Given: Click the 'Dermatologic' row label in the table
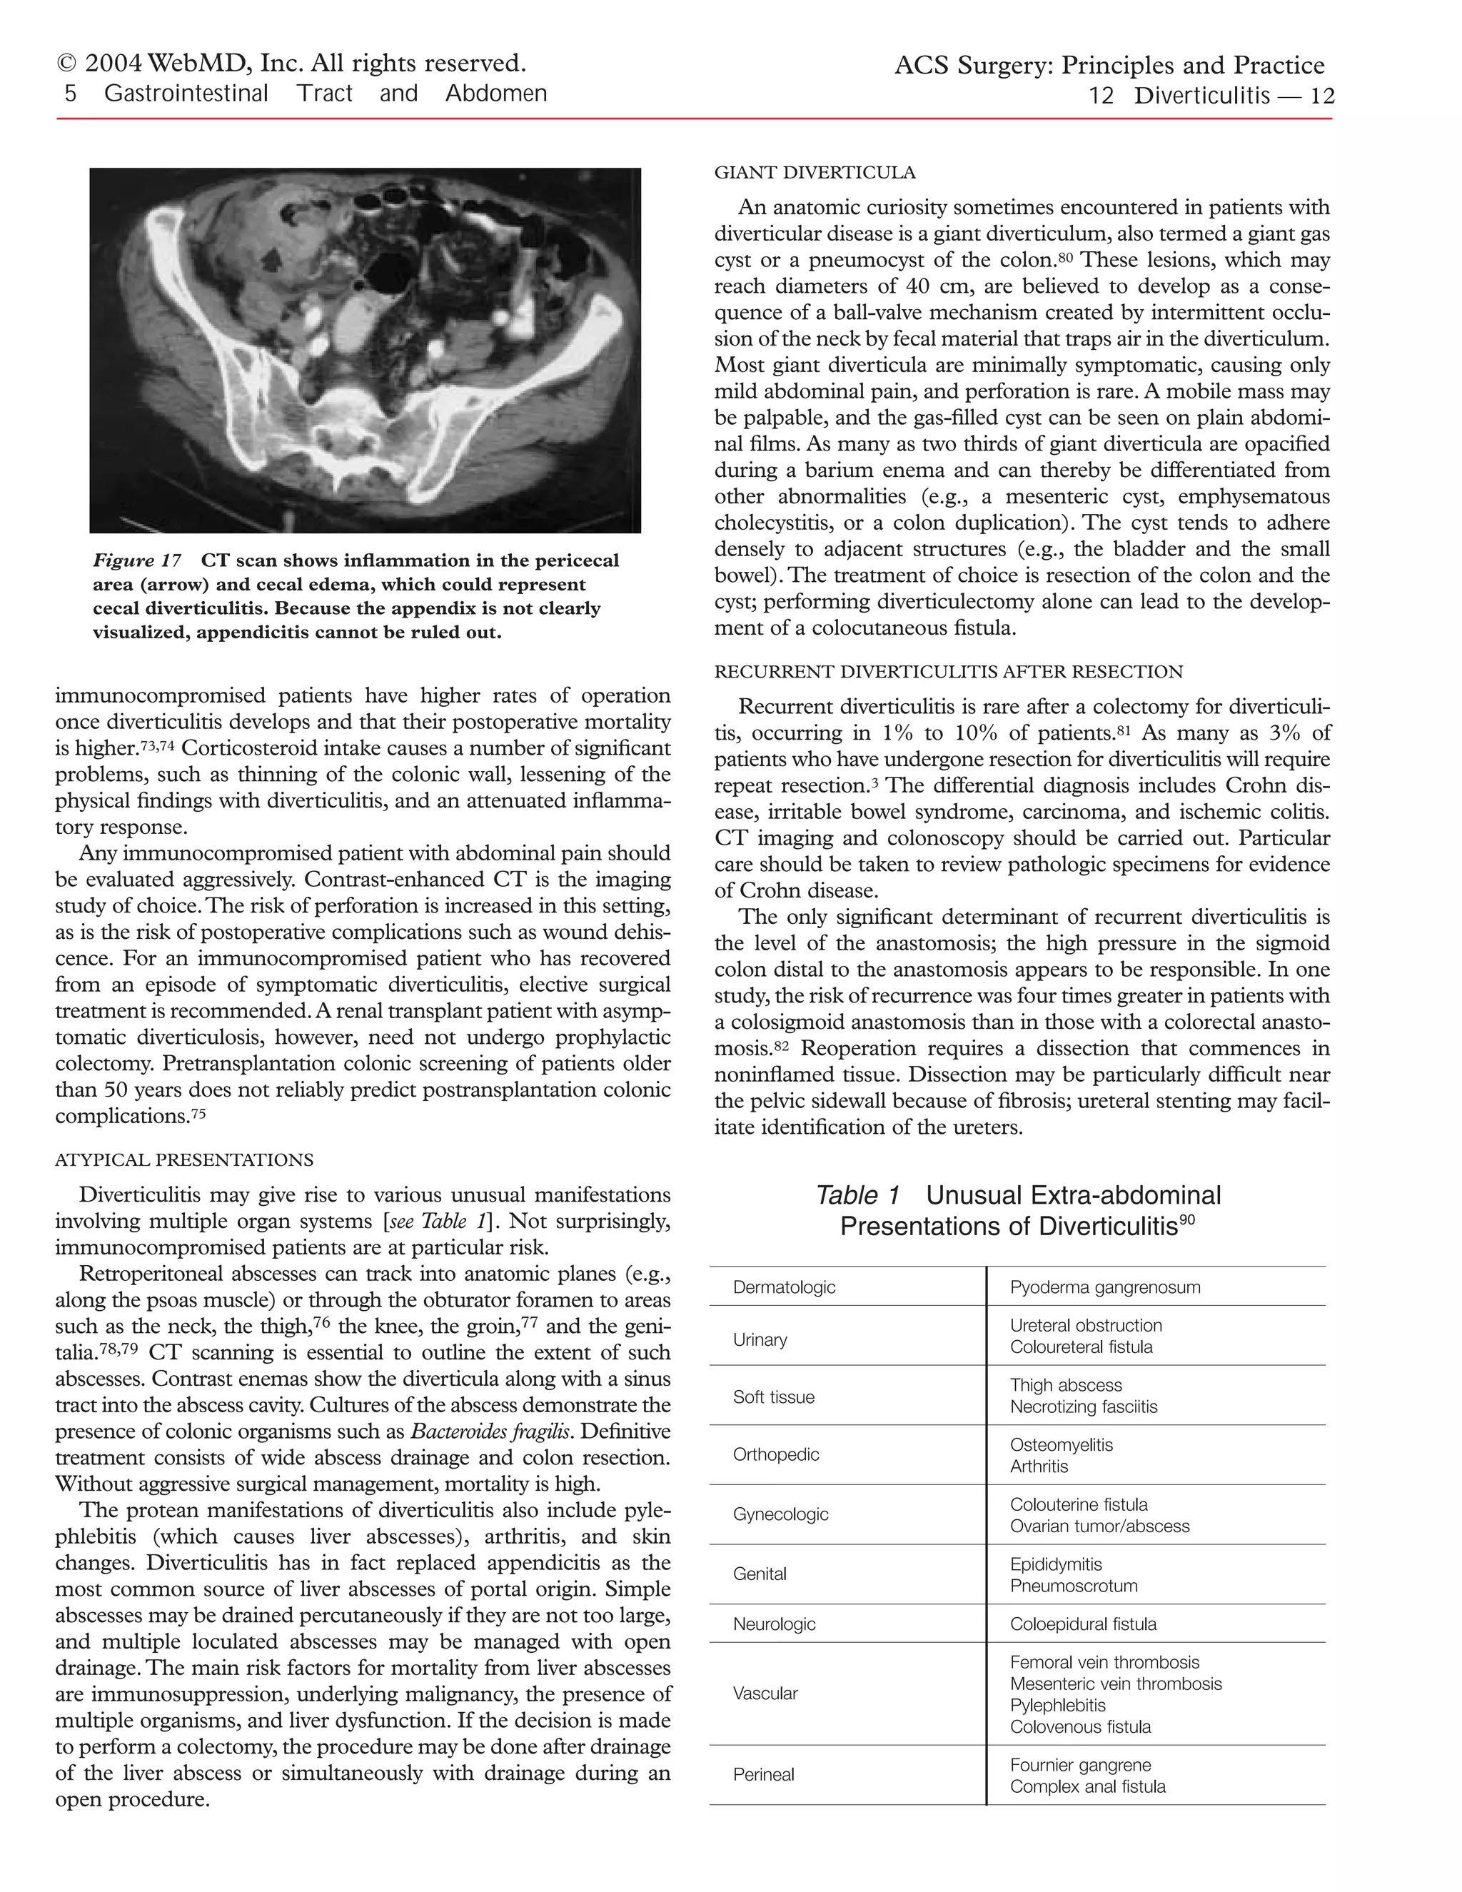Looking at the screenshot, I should click(784, 1287).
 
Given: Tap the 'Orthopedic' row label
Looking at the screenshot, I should click(775, 1454).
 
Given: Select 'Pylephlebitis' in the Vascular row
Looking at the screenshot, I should click(1057, 1705).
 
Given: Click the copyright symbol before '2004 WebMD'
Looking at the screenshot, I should click(65, 64).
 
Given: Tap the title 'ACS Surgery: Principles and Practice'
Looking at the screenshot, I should click(1109, 66).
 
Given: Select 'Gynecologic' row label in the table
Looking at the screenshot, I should click(780, 1514).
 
